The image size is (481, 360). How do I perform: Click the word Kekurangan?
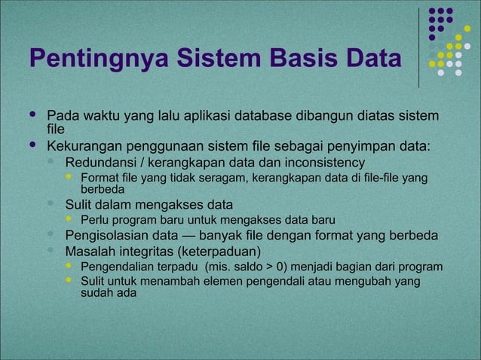click(x=84, y=145)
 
